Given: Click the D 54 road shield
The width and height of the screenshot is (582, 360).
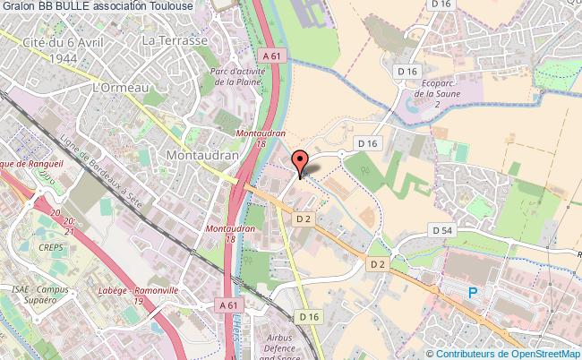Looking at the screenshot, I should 442,231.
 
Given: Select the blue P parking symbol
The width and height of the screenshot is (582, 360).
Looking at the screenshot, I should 473,291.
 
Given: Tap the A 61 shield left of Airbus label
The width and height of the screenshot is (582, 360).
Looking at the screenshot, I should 228,306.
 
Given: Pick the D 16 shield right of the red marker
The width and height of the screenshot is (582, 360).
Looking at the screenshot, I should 366,142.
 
